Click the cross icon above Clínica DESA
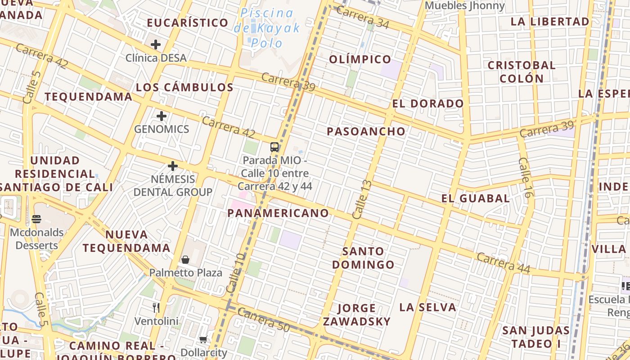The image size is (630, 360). [x=156, y=45]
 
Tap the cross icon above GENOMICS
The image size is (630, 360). [x=162, y=116]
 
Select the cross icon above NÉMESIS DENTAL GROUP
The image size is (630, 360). [x=173, y=166]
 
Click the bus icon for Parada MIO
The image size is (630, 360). [x=274, y=147]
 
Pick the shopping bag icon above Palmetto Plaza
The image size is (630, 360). [x=185, y=260]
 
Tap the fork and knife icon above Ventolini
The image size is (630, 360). [x=156, y=308]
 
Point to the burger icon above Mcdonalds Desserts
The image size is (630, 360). [x=36, y=220]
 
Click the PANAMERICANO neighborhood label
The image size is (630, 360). [x=278, y=213]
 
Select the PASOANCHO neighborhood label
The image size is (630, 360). [x=366, y=131]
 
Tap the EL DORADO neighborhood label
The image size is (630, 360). [x=427, y=103]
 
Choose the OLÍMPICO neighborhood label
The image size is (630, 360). [x=360, y=59]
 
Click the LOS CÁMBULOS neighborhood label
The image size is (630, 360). [x=184, y=87]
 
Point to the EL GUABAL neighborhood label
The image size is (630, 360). [x=475, y=198]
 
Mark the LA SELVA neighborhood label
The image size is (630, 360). [x=427, y=307]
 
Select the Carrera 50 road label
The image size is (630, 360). [x=263, y=320]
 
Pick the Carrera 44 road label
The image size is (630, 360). [x=503, y=263]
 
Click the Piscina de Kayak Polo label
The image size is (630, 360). [x=267, y=28]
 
